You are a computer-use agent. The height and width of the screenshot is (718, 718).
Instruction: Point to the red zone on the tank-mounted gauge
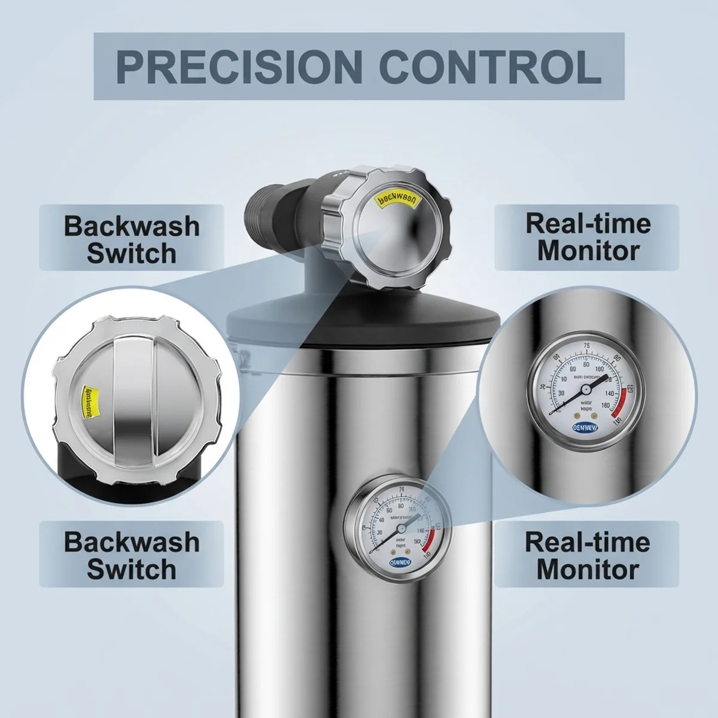pyautogui.click(x=428, y=538)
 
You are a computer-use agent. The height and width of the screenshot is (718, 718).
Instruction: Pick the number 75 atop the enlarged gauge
pyautogui.click(x=586, y=345)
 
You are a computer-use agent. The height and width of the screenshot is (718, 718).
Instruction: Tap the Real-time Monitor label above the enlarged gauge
pyautogui.click(x=588, y=236)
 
